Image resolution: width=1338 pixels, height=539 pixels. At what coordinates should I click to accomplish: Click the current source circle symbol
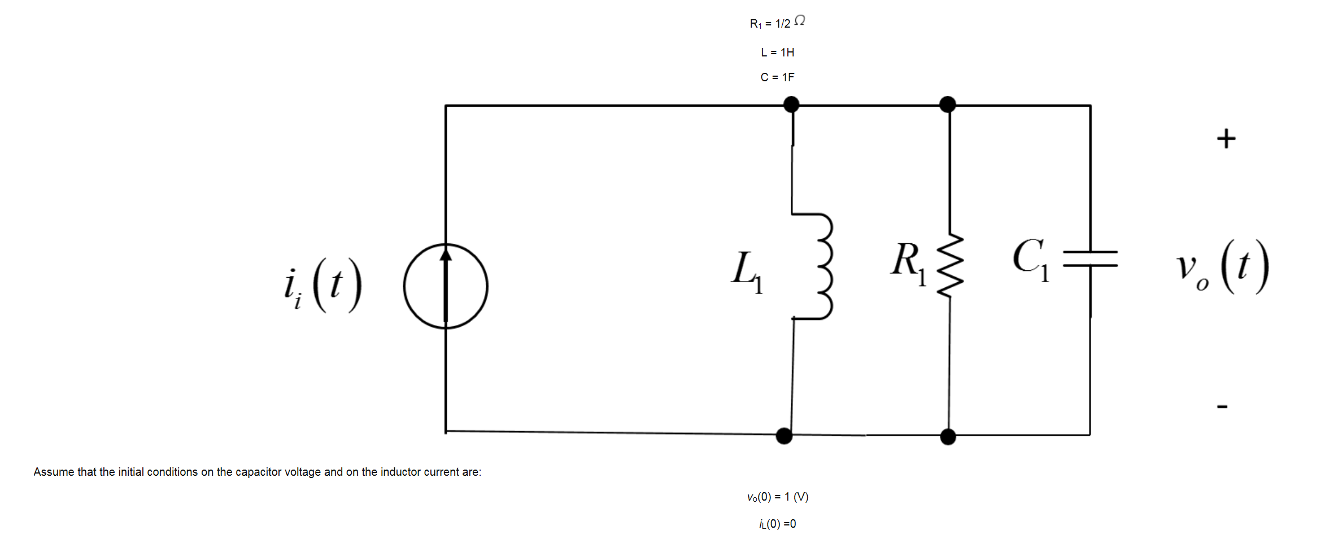coord(446,286)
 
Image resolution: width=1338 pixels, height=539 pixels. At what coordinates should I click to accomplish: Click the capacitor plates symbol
coord(1090,259)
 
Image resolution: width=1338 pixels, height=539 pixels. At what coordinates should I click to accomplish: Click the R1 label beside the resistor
coord(908,263)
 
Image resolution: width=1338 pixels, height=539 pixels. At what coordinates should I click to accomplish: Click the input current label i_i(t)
coord(323,285)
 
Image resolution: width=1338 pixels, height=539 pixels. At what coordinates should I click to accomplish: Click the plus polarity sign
coord(1226,138)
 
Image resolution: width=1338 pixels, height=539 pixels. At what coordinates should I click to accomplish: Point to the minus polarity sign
coord(1222,406)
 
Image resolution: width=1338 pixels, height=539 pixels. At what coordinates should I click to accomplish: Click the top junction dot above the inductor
coord(791,104)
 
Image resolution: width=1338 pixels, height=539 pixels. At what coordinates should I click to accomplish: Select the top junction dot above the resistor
coord(947,104)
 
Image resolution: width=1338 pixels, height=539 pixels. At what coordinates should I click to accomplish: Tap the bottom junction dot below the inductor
coord(784,436)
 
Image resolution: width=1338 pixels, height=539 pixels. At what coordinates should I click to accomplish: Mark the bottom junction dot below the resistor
coord(948,436)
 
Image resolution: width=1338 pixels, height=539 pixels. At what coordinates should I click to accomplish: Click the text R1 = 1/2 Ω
coord(777,23)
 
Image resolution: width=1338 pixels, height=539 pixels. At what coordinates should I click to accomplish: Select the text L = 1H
coord(777,52)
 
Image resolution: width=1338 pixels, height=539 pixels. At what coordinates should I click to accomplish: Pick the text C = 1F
coord(777,77)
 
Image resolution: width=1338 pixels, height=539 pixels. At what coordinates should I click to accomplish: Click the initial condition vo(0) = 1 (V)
coord(778,497)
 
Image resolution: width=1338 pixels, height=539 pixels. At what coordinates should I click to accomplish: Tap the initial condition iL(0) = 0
coord(778,524)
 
